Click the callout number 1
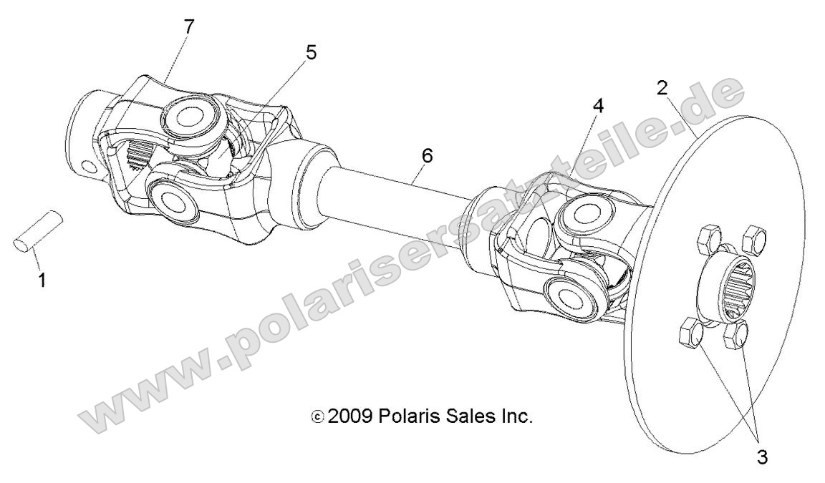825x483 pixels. tap(42, 280)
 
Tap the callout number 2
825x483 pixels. tap(663, 88)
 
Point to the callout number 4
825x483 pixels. tap(597, 105)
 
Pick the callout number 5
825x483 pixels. tap(310, 53)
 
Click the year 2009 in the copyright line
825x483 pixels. tap(350, 416)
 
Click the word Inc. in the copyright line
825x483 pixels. tap(516, 416)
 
